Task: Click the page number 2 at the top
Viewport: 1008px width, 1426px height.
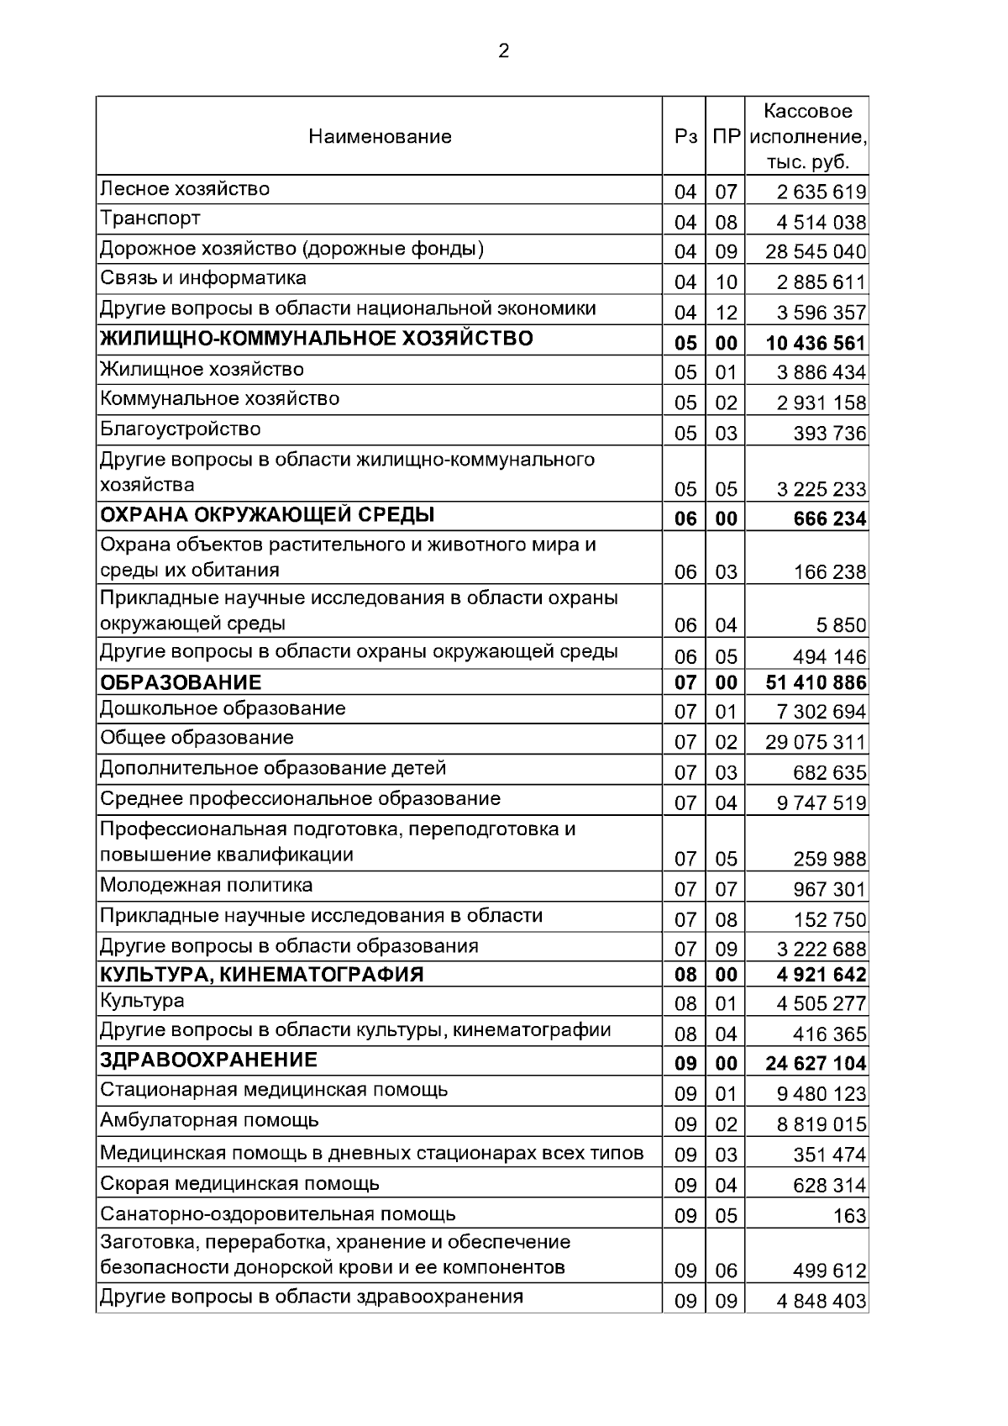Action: point(503,52)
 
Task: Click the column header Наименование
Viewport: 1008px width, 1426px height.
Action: point(380,136)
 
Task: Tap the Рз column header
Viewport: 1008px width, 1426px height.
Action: point(685,136)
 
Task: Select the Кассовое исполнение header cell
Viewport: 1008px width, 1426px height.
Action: point(807,136)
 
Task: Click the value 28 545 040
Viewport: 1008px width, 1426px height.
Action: point(815,252)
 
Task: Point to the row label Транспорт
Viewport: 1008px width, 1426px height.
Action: point(150,218)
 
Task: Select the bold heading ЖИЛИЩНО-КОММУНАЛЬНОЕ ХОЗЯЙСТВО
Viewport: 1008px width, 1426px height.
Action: point(317,339)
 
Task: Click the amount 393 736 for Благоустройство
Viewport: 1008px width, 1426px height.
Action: point(829,434)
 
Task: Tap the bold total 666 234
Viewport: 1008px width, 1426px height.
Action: point(829,519)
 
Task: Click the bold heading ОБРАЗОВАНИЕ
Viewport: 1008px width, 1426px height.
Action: point(181,682)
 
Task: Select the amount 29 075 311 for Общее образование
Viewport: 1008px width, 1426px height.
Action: point(815,742)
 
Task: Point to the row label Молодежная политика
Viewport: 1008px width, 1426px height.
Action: point(207,885)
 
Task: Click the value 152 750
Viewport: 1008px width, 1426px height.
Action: point(829,919)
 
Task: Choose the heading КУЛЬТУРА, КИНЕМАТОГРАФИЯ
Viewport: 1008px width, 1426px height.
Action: point(262,975)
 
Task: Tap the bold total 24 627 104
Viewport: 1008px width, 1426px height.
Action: point(815,1064)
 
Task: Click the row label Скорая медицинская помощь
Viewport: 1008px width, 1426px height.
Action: point(239,1184)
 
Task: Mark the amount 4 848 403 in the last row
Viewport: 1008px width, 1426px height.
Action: point(821,1302)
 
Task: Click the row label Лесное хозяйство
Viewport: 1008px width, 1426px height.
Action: point(185,188)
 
